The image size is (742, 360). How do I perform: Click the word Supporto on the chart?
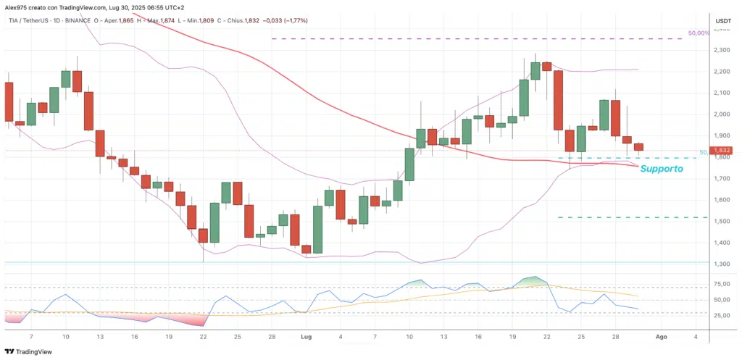[x=662, y=169]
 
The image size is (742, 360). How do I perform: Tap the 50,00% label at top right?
[x=698, y=34]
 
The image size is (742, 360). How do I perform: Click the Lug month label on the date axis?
[x=306, y=337]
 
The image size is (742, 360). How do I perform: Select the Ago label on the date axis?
[x=661, y=337]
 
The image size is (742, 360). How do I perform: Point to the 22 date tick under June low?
[x=204, y=337]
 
